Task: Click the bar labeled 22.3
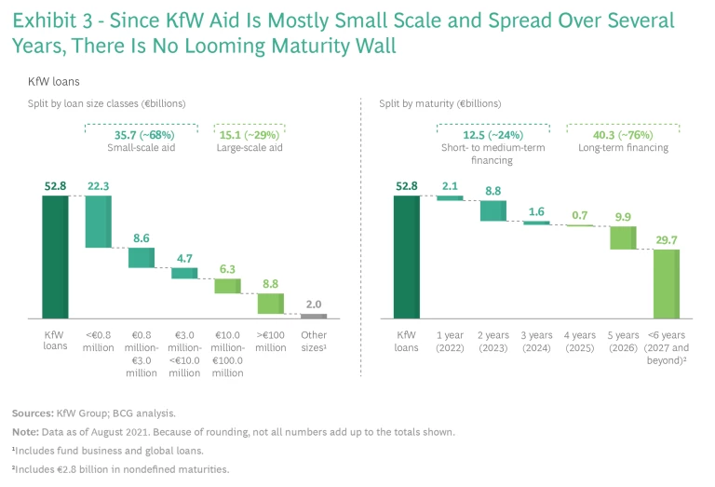[x=98, y=223]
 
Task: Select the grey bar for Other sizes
[x=314, y=317]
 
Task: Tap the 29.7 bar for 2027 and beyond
[x=665, y=285]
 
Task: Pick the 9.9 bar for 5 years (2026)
[x=623, y=237]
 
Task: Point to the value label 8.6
[x=142, y=238]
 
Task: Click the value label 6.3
[x=227, y=268]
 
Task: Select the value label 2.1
[x=450, y=186]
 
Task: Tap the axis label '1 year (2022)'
[x=450, y=342]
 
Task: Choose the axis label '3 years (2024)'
[x=535, y=342]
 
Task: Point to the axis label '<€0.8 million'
[x=98, y=342]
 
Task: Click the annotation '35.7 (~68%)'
[x=142, y=134]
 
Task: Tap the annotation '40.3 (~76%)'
[x=618, y=134]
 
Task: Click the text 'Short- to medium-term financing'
[x=492, y=154]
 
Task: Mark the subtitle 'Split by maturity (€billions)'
[x=439, y=103]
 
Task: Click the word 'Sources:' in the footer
[x=32, y=413]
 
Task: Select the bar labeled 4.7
[x=184, y=273]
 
